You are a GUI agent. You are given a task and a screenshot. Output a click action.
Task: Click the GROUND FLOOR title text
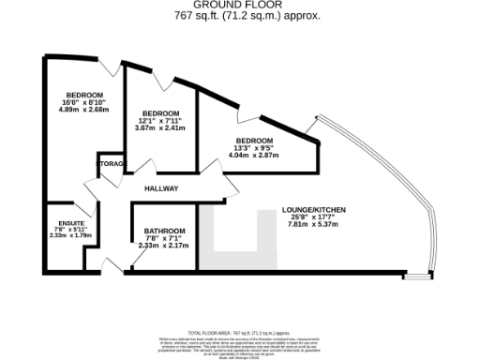[x=239, y=6]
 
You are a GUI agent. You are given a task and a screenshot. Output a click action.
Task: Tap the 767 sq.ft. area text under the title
[x=239, y=16]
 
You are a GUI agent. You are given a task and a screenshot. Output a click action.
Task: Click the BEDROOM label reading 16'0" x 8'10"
[x=83, y=96]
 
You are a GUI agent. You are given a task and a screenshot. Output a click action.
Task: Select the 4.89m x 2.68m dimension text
[x=83, y=109]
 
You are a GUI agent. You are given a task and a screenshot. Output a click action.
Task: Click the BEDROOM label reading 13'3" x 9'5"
[x=254, y=141]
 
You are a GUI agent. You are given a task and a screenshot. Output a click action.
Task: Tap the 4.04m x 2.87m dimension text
[x=254, y=154]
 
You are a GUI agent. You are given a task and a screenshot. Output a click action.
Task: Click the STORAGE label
[x=112, y=164]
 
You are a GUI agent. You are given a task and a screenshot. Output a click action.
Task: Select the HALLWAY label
[x=162, y=188]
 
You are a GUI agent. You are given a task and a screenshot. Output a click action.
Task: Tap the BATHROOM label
[x=164, y=231]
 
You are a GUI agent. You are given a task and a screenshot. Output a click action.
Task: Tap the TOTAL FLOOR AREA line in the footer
[x=239, y=333]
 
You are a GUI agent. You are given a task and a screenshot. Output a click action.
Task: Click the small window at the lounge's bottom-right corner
[x=412, y=276]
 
